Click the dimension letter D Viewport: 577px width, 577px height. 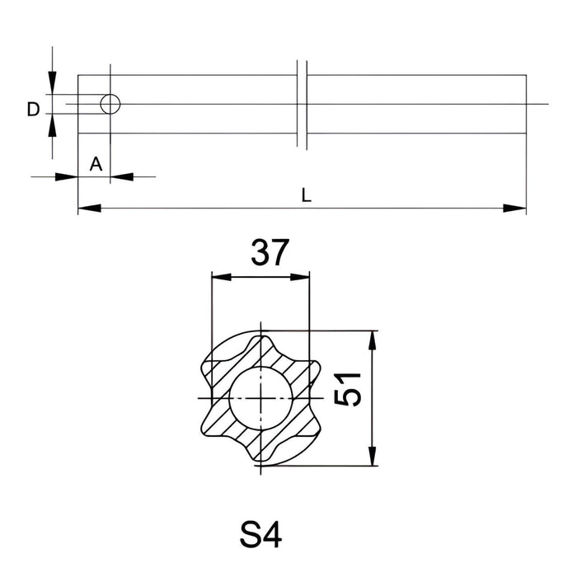(33, 109)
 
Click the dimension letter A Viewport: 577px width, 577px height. (96, 164)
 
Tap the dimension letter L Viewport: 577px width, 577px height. (307, 195)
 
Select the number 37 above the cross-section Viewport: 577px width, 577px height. (270, 253)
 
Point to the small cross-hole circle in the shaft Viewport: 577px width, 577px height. (110, 104)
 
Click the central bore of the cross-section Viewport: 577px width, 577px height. (260, 397)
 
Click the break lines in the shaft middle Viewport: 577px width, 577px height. (302, 105)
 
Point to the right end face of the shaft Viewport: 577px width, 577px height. (525, 105)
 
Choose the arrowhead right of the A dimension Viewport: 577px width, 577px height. (120, 176)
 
